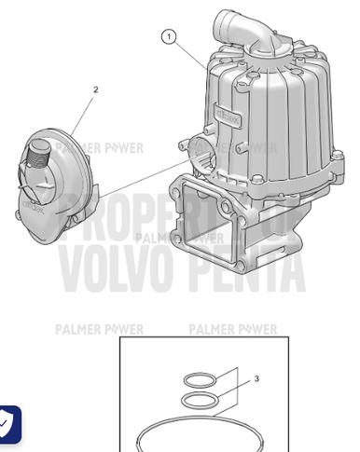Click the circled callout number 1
pyautogui.click(x=168, y=36)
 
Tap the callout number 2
pyautogui.click(x=96, y=90)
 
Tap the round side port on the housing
pyautogui.click(x=196, y=150)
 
